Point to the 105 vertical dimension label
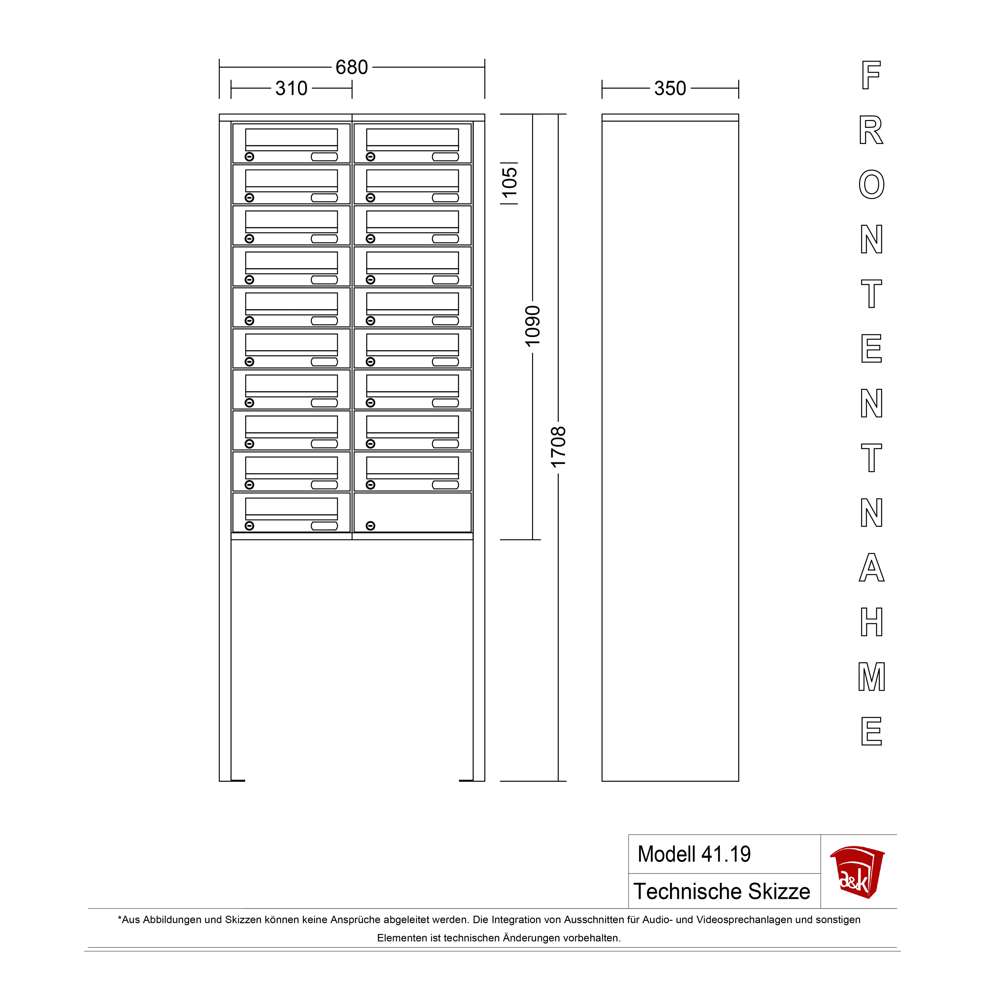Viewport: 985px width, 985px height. click(509, 183)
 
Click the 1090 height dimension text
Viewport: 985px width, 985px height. click(532, 326)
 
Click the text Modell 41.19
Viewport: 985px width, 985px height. click(694, 854)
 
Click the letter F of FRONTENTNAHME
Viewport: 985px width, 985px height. click(871, 75)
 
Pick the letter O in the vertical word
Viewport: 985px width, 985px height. click(871, 185)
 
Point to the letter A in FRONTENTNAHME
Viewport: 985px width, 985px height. click(871, 567)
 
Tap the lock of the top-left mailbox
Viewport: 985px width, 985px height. click(249, 156)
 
